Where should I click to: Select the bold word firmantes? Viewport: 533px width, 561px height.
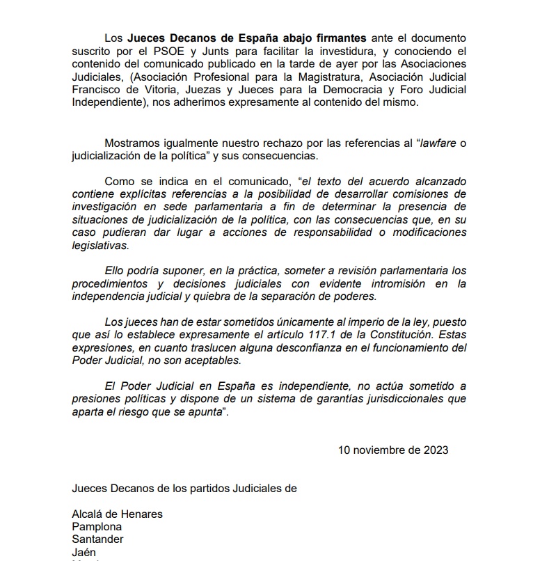click(x=340, y=37)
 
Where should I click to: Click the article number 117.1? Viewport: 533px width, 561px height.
click(x=347, y=334)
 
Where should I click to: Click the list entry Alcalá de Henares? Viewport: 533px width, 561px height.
click(x=118, y=514)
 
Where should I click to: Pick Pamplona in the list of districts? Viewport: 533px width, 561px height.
click(x=97, y=527)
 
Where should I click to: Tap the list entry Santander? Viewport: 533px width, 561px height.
click(x=98, y=539)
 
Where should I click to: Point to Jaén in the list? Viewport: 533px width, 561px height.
click(x=84, y=552)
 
